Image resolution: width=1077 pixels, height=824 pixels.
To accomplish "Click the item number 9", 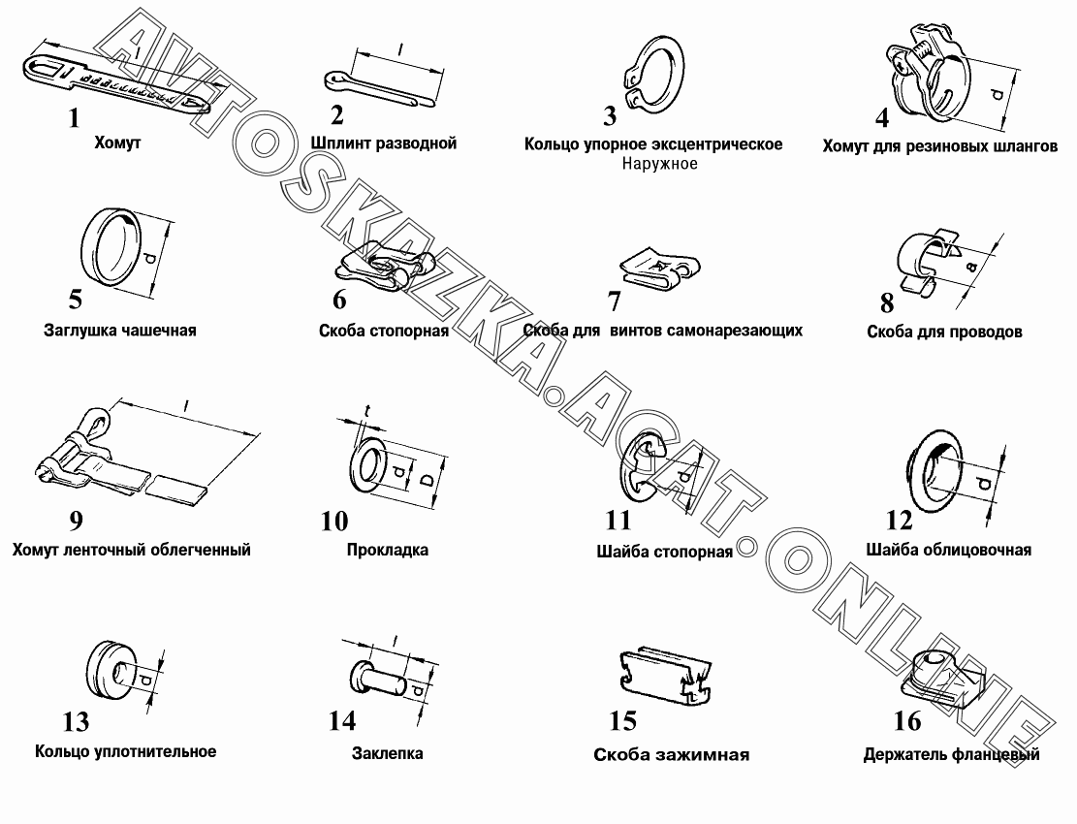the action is (76, 521).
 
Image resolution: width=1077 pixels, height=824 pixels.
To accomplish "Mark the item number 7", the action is (614, 301).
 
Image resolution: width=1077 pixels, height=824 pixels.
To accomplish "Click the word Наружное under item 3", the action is (659, 164).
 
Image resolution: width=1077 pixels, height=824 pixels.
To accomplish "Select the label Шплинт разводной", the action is (383, 143).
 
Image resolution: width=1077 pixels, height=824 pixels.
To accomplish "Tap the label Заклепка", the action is (387, 753).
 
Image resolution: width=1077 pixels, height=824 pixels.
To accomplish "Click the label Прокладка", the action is (388, 550).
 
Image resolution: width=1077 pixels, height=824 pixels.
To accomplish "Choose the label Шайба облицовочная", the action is (949, 550).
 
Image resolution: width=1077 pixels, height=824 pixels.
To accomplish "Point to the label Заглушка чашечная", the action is (120, 331).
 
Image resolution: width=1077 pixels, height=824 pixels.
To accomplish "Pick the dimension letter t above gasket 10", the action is (366, 411).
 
